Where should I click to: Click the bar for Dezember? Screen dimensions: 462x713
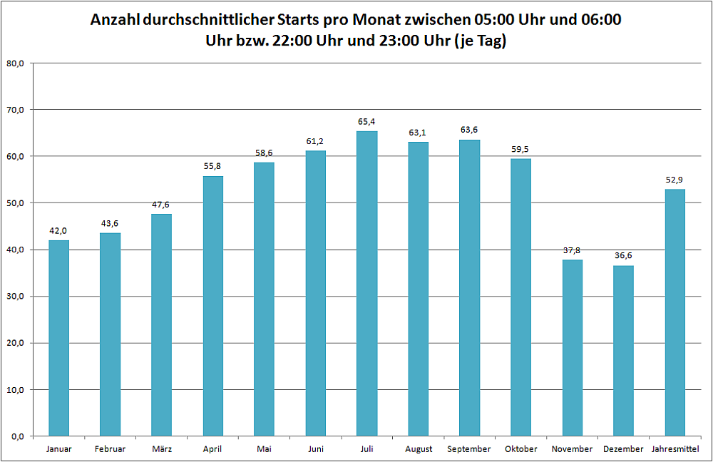pos(624,350)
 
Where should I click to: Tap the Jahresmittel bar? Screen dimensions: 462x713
pos(674,312)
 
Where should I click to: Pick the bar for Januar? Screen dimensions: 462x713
pos(58,338)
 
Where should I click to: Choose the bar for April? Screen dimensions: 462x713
pos(213,305)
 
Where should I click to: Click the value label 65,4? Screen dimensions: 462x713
pos(367,122)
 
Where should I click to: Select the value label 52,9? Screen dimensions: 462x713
pos(674,180)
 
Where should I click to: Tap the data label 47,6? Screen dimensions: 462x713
pos(162,205)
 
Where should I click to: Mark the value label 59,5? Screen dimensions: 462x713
pos(521,149)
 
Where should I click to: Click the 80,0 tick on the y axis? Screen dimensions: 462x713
pos(15,63)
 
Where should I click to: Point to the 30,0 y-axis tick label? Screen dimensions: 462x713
pos(15,297)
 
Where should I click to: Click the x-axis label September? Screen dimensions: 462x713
pos(469,449)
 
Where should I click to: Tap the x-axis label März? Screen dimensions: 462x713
pos(162,449)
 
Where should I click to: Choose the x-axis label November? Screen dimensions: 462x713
pos(572,449)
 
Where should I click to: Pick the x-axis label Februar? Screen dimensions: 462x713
pos(110,449)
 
